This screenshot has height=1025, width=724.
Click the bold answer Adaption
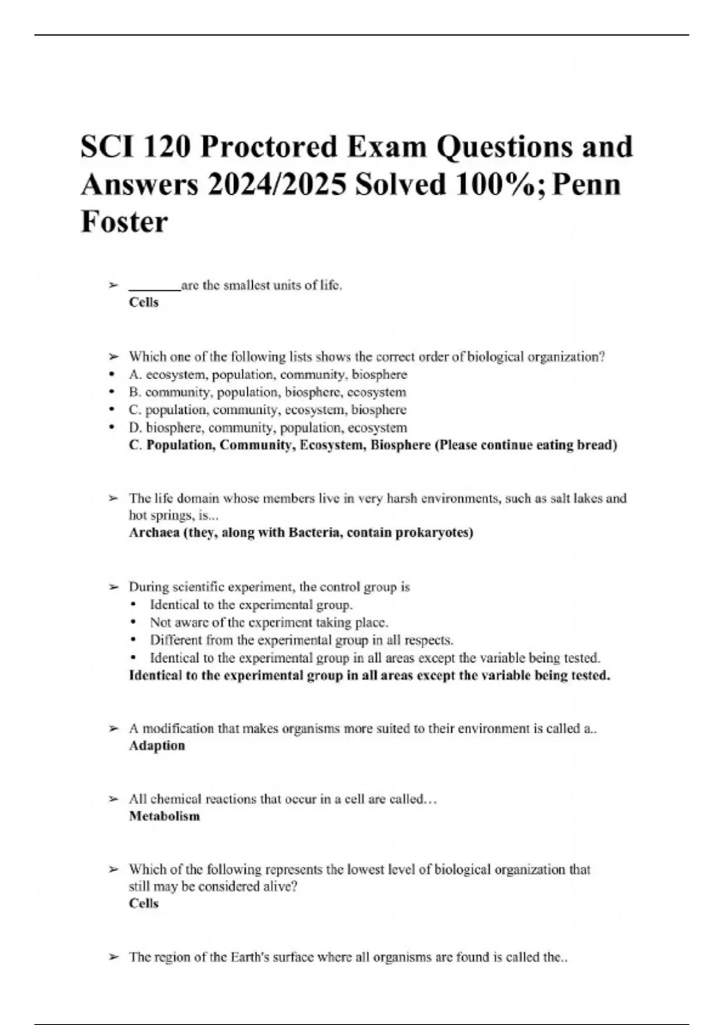pos(157,746)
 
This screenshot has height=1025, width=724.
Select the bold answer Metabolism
pos(164,816)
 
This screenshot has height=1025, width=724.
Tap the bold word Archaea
pos(153,533)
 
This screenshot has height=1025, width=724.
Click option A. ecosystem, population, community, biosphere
pos(268,374)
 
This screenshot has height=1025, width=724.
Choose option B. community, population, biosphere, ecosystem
pos(267,392)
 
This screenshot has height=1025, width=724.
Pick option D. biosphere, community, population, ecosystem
pos(268,427)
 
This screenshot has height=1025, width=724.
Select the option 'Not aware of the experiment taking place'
pos(269,622)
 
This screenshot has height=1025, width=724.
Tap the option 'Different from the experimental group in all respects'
pos(302,640)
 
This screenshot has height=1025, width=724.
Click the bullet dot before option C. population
pos(112,410)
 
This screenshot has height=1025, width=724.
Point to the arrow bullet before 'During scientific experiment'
pos(113,587)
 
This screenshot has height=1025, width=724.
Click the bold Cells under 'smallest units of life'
pos(144,303)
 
